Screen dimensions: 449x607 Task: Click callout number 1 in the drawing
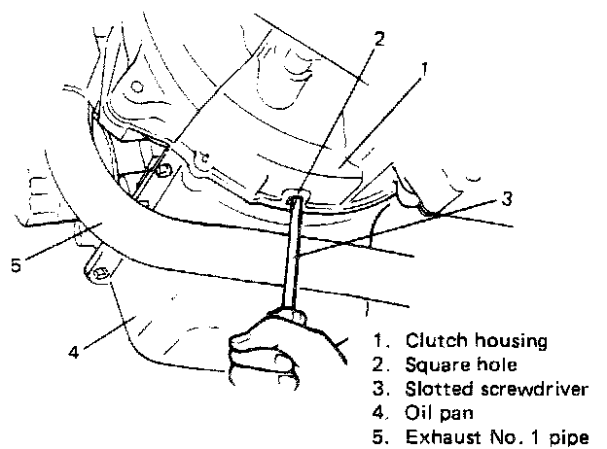pos(424,70)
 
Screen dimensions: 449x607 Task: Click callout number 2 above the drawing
pos(379,40)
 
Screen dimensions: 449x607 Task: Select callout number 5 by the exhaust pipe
pos(15,264)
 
